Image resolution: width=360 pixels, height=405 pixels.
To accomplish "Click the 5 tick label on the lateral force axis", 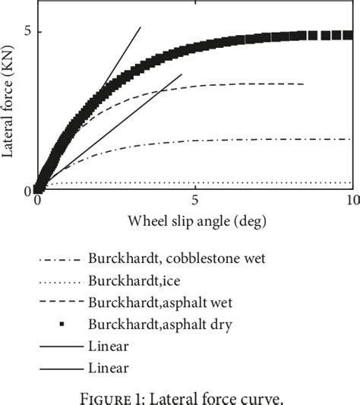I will (x=26, y=32).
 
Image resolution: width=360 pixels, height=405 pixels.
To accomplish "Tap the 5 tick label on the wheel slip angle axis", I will (x=195, y=201).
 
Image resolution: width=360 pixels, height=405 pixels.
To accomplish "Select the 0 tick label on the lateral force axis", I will (x=26, y=191).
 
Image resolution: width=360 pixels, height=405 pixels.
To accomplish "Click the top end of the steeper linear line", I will (x=141, y=27).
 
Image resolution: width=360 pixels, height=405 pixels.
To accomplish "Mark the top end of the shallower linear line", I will (x=182, y=74).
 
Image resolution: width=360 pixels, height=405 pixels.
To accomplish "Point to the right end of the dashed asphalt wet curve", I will (x=304, y=84).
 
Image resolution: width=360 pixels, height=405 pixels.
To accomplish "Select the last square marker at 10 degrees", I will (x=348, y=35).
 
